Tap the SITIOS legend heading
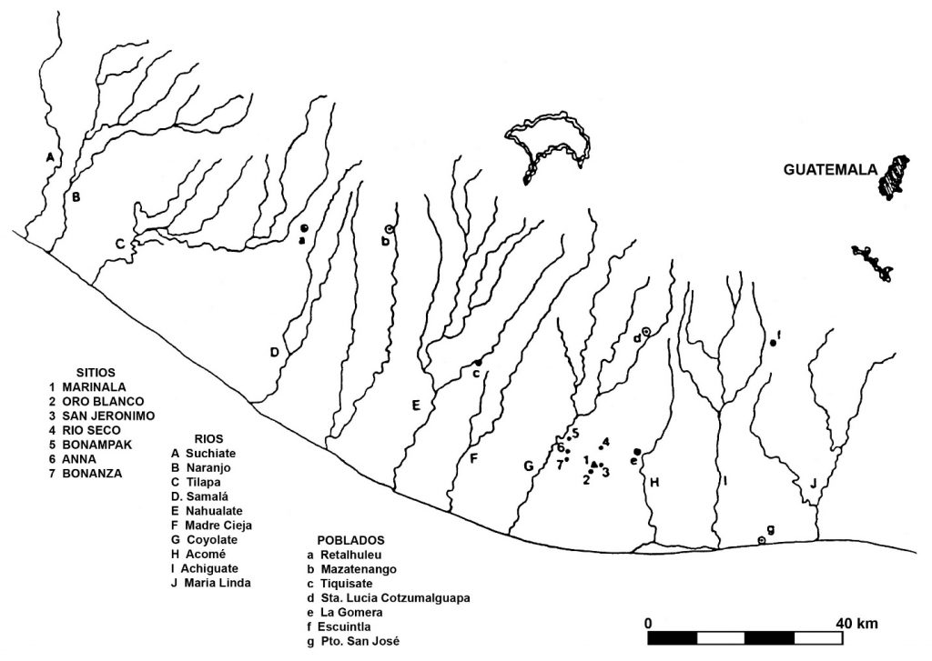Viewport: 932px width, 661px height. [78, 371]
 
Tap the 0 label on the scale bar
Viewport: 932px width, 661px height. [648, 623]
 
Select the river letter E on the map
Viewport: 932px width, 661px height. [415, 405]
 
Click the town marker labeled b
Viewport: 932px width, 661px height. [389, 228]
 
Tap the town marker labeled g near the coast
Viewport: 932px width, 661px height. [762, 540]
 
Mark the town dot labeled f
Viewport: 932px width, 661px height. [772, 343]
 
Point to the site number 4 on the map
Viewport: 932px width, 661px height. [605, 442]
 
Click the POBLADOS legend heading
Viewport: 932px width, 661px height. [350, 539]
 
